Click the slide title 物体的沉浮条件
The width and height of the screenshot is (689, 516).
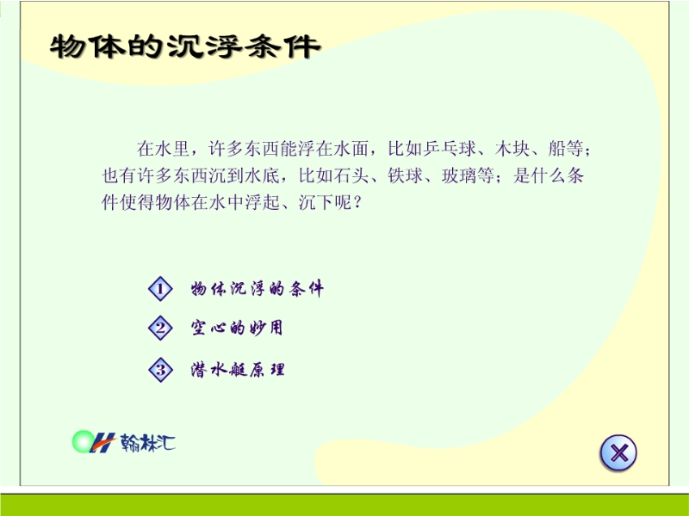pos(185,46)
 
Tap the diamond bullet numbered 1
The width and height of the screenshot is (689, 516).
pos(160,289)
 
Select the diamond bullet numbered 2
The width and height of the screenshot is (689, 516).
pos(160,328)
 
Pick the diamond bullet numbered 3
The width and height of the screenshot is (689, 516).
pos(160,370)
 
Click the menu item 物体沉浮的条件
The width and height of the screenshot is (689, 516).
pos(257,289)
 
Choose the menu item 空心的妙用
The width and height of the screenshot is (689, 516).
pos(237,328)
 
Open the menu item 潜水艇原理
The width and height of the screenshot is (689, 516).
pos(238,370)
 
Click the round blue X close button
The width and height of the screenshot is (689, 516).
pos(618,453)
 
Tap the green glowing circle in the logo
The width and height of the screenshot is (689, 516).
pos(83,441)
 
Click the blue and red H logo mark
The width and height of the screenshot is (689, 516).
pos(102,442)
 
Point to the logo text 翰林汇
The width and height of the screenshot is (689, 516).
pos(147,442)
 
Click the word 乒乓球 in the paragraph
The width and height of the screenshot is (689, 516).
pos(450,149)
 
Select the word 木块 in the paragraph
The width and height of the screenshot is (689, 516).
pos(512,149)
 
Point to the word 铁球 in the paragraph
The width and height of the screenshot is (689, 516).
pos(405,176)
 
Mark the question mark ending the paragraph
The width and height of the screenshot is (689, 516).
pos(357,203)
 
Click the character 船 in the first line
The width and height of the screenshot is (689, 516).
pos(557,149)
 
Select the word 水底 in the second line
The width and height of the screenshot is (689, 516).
pos(263,176)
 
